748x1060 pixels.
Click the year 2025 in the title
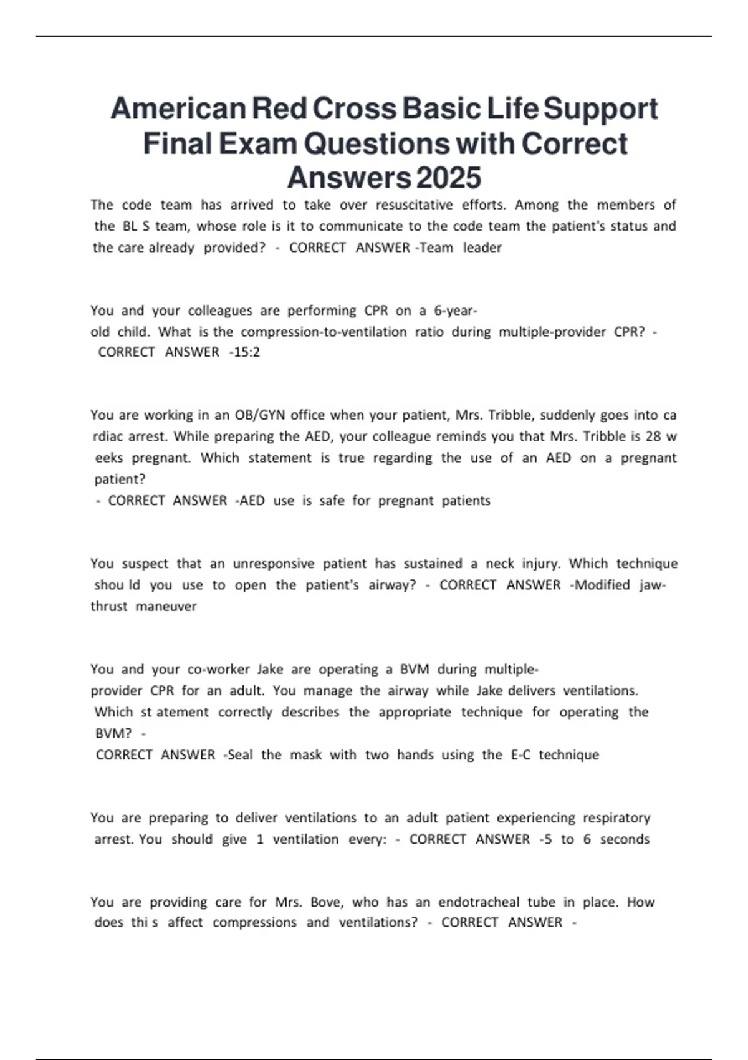(448, 178)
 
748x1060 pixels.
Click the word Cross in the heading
(354, 108)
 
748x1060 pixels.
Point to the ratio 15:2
(246, 352)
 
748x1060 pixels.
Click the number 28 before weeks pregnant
(652, 436)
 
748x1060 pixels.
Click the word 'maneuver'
(166, 606)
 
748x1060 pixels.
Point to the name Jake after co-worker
(270, 670)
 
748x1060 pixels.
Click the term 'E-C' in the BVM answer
(521, 755)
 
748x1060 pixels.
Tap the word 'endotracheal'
(479, 902)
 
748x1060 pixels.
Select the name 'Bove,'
(326, 902)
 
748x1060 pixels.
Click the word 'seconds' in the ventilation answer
(625, 839)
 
